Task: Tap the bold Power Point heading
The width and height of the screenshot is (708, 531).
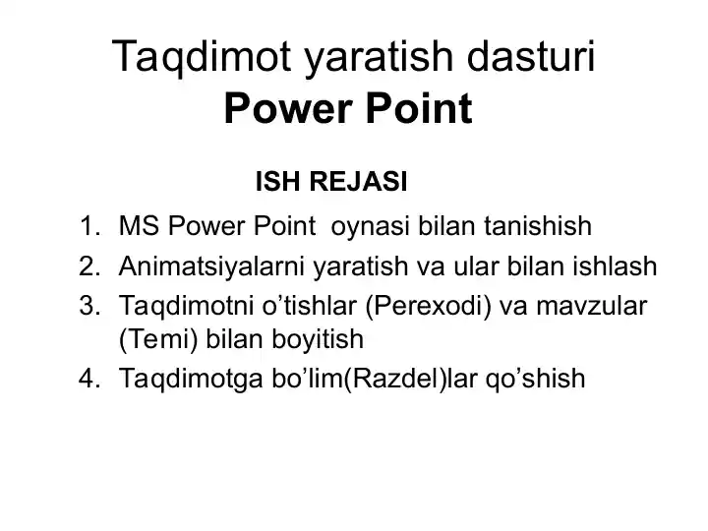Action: pos(348,109)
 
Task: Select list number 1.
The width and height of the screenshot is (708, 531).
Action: pos(91,228)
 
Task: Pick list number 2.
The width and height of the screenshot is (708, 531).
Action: pos(91,266)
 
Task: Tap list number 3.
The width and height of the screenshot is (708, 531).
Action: pos(91,305)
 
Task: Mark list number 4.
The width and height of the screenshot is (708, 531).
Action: pos(91,378)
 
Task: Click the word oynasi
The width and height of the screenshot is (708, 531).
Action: pos(372,229)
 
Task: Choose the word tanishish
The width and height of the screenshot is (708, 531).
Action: pos(539,228)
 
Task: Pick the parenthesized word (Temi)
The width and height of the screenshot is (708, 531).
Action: pos(152,341)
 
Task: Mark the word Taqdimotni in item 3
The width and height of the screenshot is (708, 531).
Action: pos(180,306)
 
